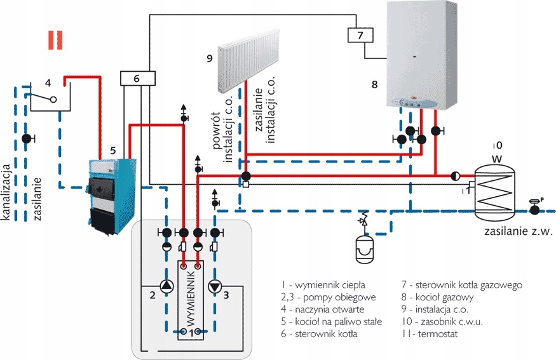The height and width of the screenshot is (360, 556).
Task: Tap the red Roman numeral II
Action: point(56,39)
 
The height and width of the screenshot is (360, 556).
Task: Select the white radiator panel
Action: point(249,61)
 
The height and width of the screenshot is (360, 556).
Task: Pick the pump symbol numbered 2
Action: point(166,286)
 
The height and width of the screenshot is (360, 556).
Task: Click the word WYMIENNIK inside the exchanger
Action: point(190,298)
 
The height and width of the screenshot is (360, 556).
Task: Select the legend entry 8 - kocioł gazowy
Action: point(438,297)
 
